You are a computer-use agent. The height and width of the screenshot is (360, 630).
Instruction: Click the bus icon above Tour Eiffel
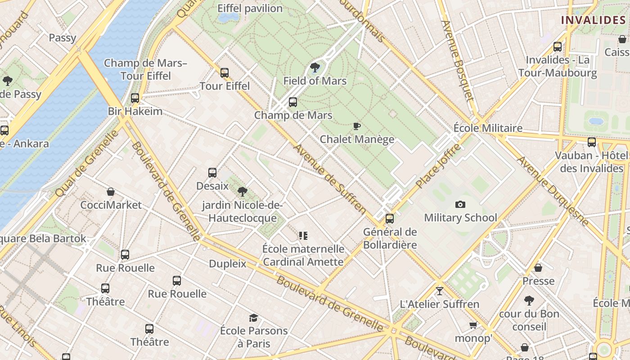tap(225, 72)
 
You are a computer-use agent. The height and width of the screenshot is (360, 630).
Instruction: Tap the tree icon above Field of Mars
tap(315, 68)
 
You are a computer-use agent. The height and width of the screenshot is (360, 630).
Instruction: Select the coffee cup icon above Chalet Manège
tap(357, 126)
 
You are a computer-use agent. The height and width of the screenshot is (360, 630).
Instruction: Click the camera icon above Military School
tap(460, 205)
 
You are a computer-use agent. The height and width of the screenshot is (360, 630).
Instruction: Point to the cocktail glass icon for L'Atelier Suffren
tap(440, 291)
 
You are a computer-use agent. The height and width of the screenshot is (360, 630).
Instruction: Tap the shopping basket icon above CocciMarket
tap(111, 192)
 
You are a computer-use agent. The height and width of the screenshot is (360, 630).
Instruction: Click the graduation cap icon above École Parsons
tap(254, 318)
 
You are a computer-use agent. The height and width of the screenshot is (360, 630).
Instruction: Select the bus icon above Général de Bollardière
tap(390, 219)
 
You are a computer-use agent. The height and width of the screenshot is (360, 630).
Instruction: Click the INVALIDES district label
tap(593, 20)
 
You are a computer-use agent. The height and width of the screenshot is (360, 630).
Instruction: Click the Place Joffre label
tap(438, 166)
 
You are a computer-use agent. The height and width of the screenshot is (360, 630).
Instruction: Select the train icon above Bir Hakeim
tap(135, 98)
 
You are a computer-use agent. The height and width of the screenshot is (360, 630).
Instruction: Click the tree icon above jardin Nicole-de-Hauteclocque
tap(243, 192)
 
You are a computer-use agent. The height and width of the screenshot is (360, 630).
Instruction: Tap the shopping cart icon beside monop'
tap(473, 325)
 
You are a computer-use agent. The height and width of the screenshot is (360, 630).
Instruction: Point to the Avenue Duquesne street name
tap(553, 191)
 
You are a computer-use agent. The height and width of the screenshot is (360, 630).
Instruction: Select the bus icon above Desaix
tap(212, 172)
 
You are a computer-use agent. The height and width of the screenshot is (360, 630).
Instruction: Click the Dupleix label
tap(228, 264)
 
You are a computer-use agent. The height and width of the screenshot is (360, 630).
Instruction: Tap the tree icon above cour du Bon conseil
tap(529, 300)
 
